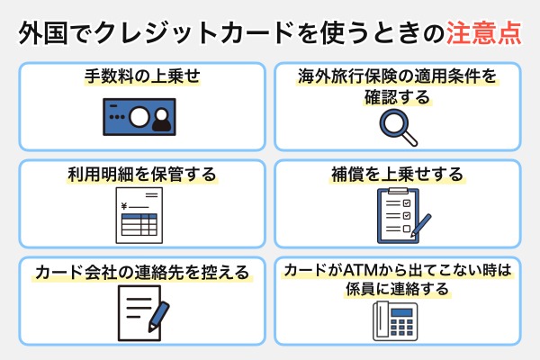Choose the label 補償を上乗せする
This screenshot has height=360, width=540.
[397, 175]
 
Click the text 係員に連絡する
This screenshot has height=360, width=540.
[397, 291]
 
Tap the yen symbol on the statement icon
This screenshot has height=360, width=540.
[124, 206]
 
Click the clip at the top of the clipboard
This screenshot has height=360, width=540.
[396, 192]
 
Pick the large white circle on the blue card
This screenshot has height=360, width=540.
[139, 117]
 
